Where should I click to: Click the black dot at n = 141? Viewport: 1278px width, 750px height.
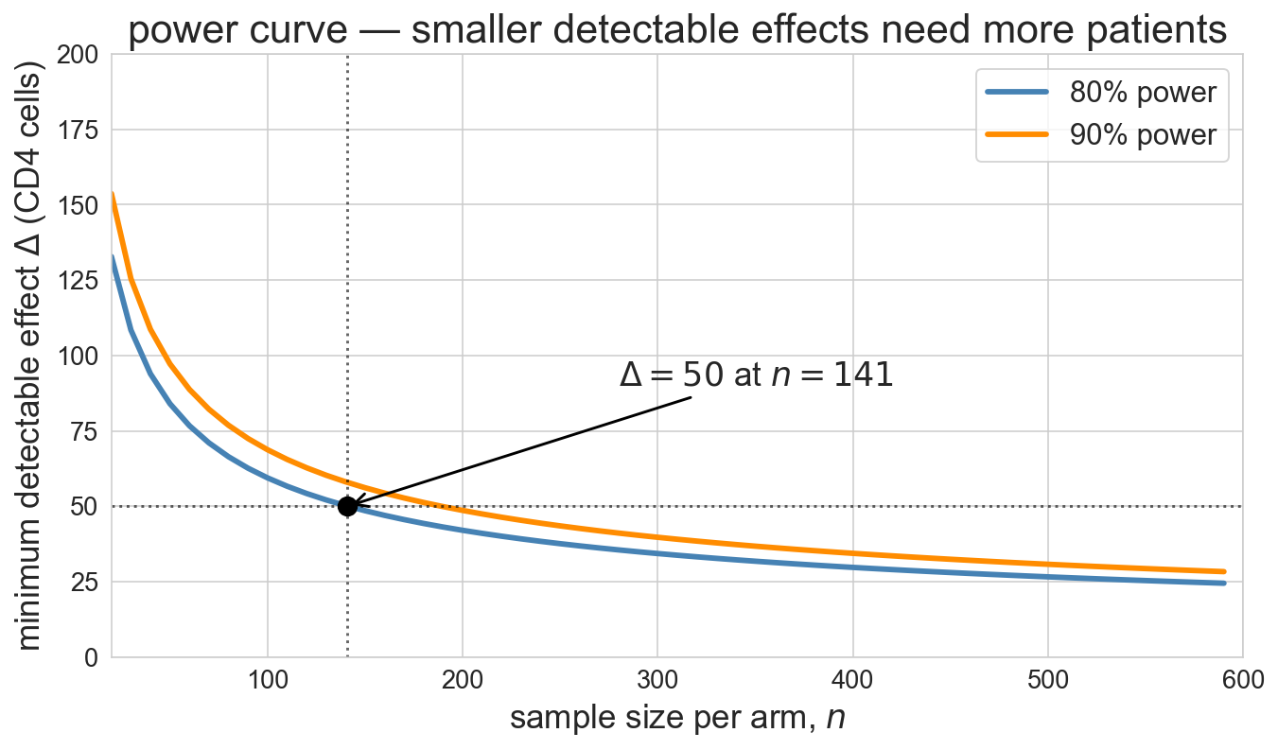(347, 506)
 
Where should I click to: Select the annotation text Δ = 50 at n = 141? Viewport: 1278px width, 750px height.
(756, 375)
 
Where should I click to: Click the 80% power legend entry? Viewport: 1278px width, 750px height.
(1101, 93)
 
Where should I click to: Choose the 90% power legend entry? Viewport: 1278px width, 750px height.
(1101, 135)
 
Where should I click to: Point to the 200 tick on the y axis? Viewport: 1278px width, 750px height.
(78, 55)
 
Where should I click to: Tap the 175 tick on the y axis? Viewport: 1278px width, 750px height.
(78, 131)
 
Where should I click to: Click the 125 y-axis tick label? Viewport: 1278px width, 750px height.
(78, 281)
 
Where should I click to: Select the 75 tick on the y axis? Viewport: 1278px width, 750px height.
(84, 432)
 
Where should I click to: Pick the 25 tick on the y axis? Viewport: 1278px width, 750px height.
(84, 583)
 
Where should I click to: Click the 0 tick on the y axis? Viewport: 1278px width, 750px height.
(91, 658)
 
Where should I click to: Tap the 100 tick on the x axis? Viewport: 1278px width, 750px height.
(268, 680)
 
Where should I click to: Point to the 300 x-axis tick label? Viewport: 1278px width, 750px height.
(657, 680)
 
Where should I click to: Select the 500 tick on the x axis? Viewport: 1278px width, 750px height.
(1048, 680)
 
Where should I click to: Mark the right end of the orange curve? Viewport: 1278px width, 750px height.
(1224, 571)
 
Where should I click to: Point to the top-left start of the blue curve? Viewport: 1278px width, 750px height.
(113, 256)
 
